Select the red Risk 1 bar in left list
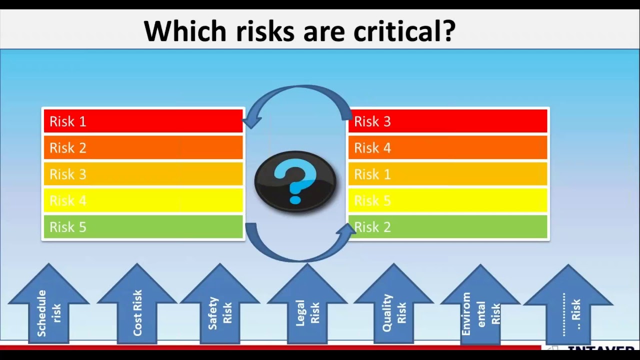143,121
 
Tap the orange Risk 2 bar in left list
143,148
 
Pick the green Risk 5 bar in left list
143,227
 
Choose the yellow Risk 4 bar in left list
143,200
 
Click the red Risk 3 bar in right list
447,121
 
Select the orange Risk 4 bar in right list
447,148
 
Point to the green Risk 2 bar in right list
447,227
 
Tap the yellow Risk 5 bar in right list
447,200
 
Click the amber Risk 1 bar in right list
447,174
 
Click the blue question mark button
295,181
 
